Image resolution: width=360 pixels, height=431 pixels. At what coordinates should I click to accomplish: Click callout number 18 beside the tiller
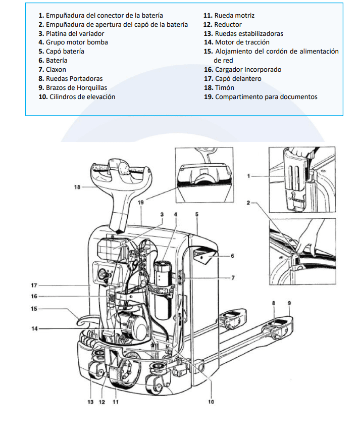tap(77, 187)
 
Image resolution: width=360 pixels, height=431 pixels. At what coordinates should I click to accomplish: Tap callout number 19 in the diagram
tap(141, 202)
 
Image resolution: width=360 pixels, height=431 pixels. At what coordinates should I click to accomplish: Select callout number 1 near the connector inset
tap(249, 176)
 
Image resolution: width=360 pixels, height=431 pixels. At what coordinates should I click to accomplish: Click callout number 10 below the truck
tap(211, 402)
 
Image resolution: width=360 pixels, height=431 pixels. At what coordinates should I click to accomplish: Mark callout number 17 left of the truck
tap(33, 285)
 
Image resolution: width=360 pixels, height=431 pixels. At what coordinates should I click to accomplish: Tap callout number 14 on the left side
tap(34, 329)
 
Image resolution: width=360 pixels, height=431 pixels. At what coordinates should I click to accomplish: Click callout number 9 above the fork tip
tap(289, 303)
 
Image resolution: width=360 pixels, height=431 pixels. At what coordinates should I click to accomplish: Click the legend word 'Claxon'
tap(56, 70)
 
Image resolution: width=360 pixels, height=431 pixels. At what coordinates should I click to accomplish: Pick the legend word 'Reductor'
tap(228, 24)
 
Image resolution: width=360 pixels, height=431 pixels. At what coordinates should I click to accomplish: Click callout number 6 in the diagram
tap(232, 256)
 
